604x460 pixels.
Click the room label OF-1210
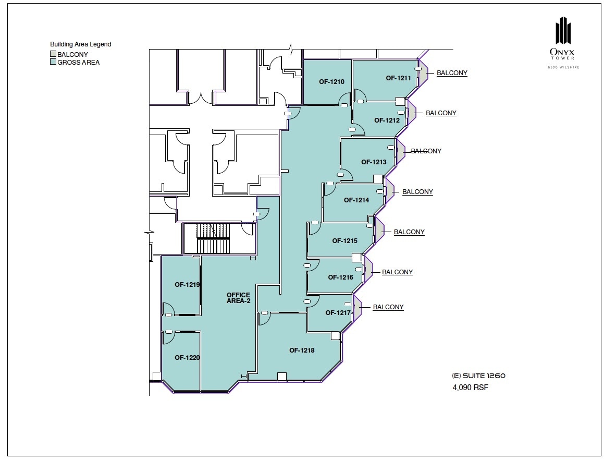[331, 82]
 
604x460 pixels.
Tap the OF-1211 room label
[399, 78]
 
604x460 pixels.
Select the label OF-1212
[387, 120]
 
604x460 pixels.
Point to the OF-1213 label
[374, 162]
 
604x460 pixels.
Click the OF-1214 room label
[356, 200]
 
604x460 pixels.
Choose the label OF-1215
[344, 241]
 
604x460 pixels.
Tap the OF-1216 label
[340, 277]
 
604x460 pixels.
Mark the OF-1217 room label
[338, 313]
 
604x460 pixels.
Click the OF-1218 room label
[302, 350]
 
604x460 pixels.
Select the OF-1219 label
[188, 285]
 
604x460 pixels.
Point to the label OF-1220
[188, 358]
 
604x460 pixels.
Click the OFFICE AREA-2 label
[238, 298]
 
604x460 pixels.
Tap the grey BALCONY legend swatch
[53, 54]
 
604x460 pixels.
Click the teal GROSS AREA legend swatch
[53, 62]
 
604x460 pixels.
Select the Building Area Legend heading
[80, 44]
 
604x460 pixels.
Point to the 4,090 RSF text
[471, 388]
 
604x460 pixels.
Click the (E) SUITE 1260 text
[478, 376]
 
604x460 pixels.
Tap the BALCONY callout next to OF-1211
[452, 73]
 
